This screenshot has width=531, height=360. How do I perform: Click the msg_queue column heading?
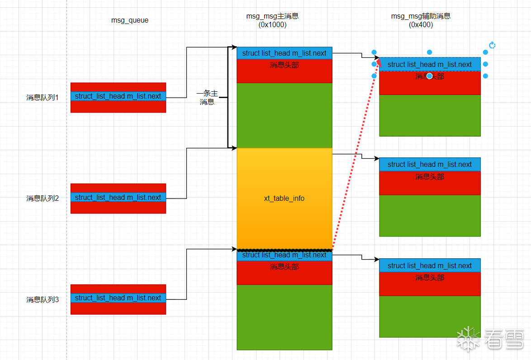point(130,20)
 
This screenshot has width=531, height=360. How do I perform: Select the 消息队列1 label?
point(43,97)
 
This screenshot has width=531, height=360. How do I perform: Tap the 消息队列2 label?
point(43,198)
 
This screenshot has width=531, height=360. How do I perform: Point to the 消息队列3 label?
point(43,299)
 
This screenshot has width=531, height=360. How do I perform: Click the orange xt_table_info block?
point(284,199)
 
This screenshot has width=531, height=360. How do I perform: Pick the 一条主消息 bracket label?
point(207,98)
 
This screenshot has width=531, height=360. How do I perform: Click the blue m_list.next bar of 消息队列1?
point(118,96)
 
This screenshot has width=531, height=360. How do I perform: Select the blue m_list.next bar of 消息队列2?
point(118,198)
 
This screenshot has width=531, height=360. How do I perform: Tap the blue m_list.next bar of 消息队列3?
point(118,298)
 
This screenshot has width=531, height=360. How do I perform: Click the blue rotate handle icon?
point(493,45)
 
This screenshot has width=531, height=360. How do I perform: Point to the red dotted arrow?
point(355,154)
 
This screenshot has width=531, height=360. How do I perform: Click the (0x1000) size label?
point(272,25)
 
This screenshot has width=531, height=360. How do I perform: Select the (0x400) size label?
point(421,25)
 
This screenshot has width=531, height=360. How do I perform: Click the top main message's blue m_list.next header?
point(284,53)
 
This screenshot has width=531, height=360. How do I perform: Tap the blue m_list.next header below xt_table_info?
point(284,256)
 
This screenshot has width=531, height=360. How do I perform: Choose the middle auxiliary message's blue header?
point(430,165)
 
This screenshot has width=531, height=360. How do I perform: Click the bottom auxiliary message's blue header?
point(430,266)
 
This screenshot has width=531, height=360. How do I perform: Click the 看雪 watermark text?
point(504,339)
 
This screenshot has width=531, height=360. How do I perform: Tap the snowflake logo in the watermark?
point(469,339)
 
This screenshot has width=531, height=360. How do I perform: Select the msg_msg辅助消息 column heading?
point(421,16)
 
